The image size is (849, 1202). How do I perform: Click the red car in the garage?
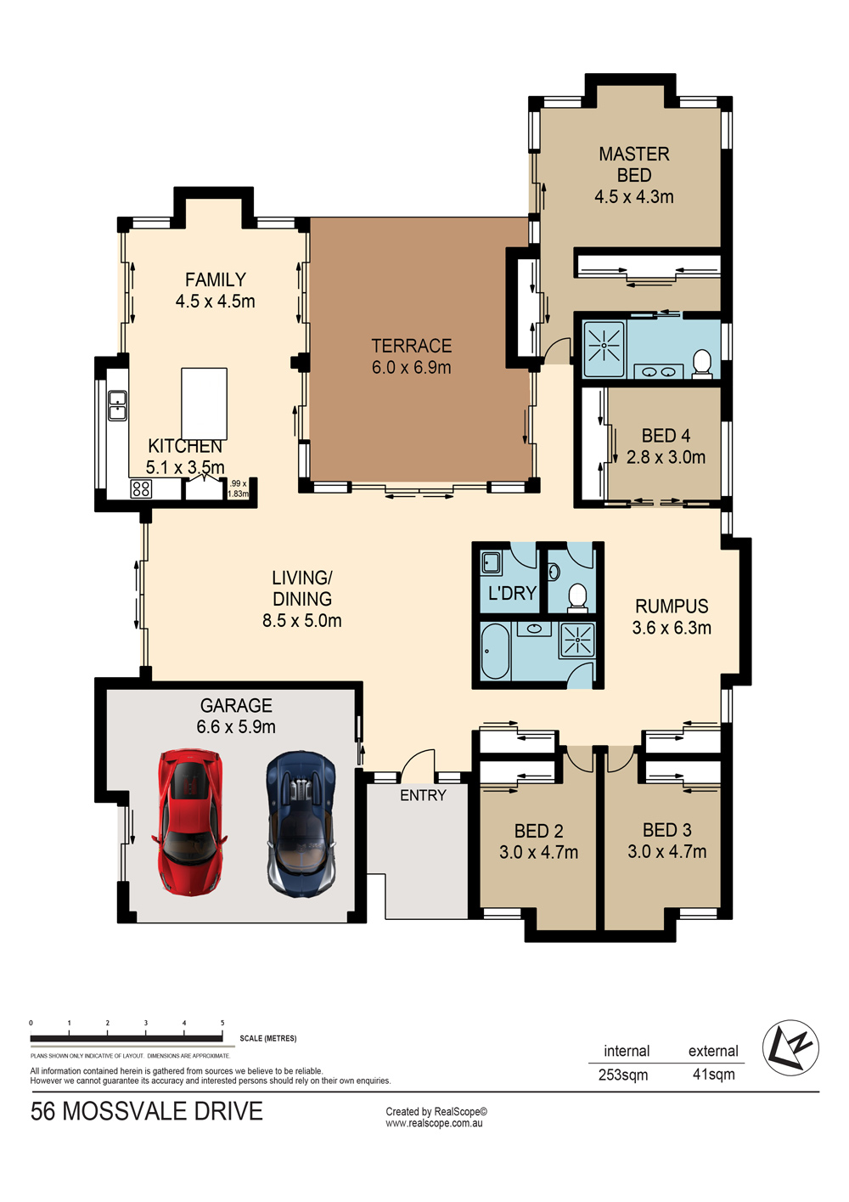189,822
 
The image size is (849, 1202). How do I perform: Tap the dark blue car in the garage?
301,824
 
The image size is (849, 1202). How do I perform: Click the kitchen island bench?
204,404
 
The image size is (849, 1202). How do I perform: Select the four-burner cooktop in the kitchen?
141,488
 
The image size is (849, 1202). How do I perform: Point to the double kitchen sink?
117,405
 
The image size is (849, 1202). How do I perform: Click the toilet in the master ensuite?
701,364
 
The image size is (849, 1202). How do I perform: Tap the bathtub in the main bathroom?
494,651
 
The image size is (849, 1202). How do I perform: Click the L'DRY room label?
512,593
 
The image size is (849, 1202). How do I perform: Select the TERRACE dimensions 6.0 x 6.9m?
412,368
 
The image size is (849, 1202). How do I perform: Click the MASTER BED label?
634,165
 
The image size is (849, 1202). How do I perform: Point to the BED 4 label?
666,436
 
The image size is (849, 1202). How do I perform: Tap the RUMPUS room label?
672,607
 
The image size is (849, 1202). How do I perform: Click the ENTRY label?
423,795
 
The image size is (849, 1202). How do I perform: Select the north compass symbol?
790,1047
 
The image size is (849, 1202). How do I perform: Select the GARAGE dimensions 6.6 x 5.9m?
236,727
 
